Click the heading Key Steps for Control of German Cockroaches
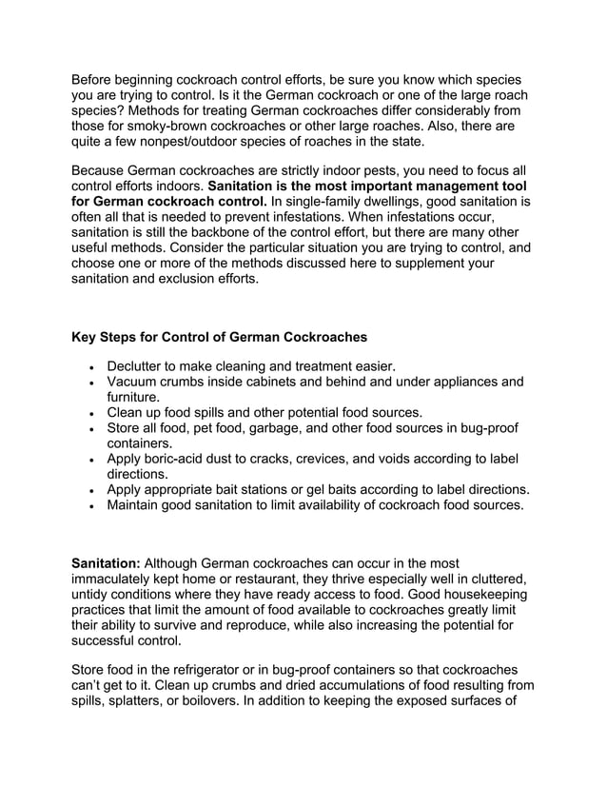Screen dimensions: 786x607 [219, 337]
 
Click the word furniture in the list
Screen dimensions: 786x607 [134, 397]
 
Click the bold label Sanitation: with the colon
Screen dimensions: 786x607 [106, 563]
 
